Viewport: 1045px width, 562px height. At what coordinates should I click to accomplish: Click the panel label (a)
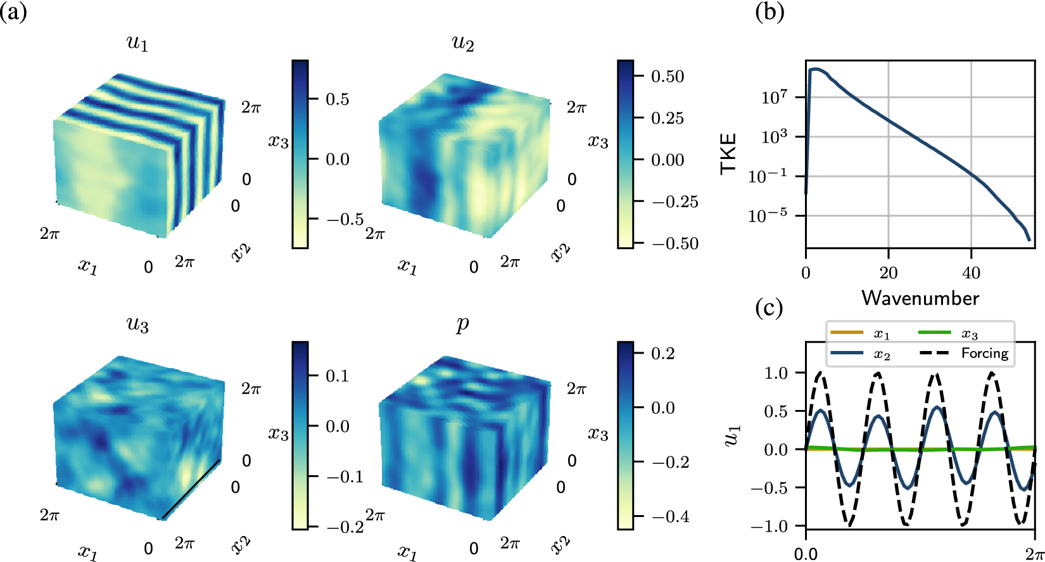click(x=13, y=11)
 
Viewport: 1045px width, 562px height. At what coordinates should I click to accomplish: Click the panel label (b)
click(x=769, y=11)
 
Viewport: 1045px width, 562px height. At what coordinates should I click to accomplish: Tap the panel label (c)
click(x=769, y=308)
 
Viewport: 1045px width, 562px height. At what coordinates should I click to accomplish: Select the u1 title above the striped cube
click(x=137, y=43)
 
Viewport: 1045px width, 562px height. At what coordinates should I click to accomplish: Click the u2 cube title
click(x=463, y=43)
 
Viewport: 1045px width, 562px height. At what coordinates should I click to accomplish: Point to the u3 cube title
click(x=137, y=324)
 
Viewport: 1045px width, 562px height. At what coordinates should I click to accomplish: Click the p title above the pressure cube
click(x=463, y=324)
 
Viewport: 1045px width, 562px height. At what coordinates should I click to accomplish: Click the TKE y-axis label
click(x=729, y=153)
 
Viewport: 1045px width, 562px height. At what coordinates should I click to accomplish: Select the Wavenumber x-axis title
click(x=920, y=298)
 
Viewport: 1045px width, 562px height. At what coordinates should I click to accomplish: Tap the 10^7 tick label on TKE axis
click(x=774, y=97)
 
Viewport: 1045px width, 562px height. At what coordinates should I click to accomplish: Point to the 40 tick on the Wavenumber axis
click(x=971, y=273)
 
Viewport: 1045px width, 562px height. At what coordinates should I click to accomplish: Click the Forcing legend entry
click(x=984, y=353)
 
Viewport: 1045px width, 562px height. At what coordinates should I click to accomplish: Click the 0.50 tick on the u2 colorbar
click(x=668, y=77)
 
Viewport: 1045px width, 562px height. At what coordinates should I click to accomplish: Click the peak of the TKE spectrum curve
click(x=816, y=68)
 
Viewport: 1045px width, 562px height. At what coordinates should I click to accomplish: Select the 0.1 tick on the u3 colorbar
click(x=337, y=376)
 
